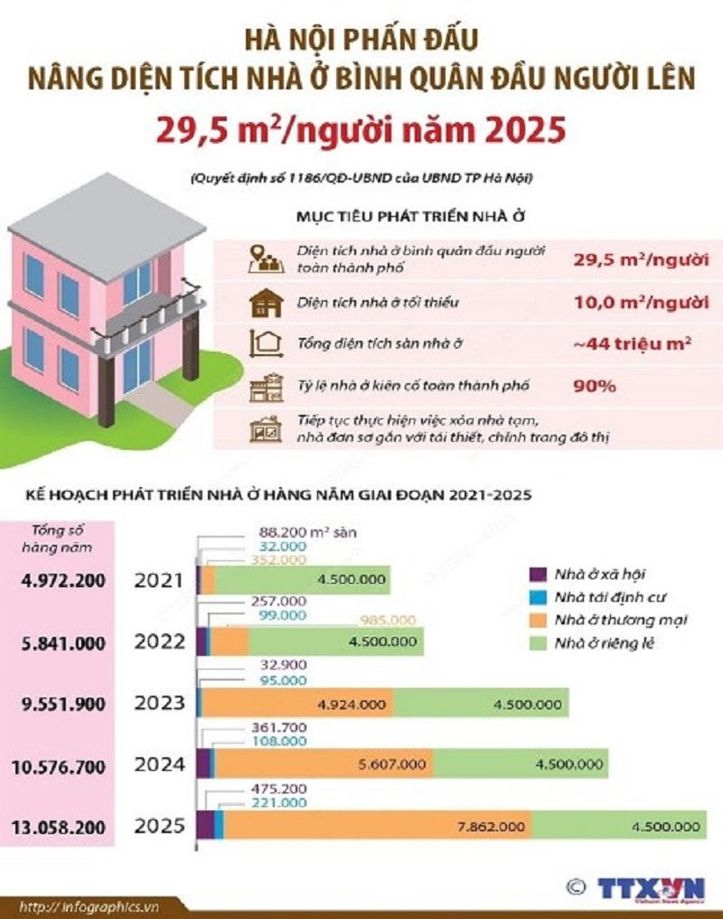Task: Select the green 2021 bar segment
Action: click(303, 581)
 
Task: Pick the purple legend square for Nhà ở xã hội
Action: click(537, 574)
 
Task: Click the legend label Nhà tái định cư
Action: click(607, 596)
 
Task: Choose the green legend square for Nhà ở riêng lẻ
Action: click(537, 642)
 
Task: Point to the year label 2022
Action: click(159, 642)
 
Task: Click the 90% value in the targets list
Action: click(594, 386)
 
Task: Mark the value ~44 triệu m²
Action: click(620, 342)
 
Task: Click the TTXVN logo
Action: click(651, 888)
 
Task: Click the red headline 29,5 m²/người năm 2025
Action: click(361, 131)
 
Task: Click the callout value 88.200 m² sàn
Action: click(306, 532)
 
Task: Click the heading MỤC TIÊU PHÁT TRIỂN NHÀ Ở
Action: click(411, 219)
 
